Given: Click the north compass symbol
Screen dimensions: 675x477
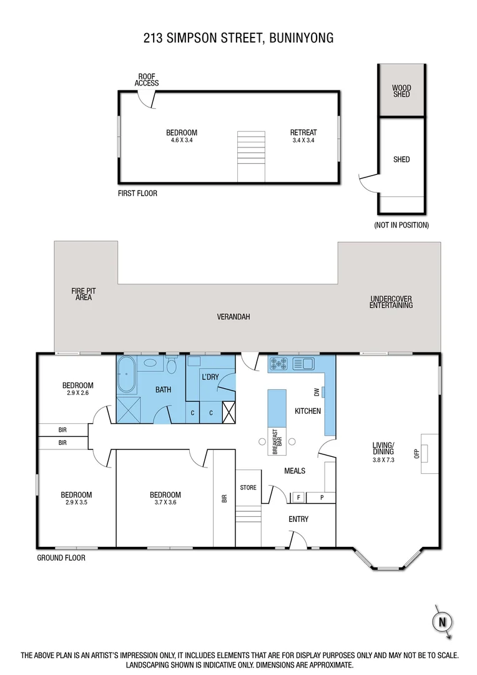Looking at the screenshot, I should point(442,621).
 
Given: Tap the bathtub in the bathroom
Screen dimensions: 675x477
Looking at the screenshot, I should point(127,375).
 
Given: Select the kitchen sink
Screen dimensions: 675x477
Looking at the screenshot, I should point(307,363).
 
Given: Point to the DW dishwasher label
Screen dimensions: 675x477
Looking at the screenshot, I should point(317,392).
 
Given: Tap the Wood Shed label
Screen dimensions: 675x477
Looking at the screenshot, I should point(401,91).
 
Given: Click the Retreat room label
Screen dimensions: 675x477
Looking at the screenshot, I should point(303,132).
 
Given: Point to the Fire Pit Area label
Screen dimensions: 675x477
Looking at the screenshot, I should point(84,294).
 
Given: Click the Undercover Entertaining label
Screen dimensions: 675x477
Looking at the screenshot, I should point(391,302).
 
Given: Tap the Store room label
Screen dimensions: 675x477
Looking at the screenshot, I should point(248,487).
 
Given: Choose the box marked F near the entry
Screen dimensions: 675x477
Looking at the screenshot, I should point(299,497).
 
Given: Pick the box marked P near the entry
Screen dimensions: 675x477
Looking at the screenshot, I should point(322,497).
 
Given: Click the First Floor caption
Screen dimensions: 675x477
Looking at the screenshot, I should point(137,194).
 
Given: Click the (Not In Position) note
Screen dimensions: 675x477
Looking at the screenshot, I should point(401,224).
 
